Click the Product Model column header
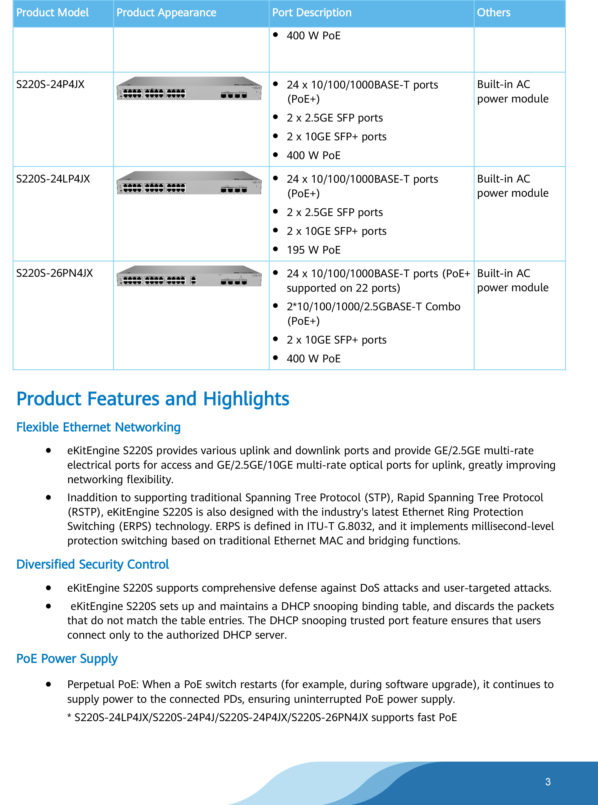(x=53, y=13)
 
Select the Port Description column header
(x=312, y=13)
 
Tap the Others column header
(x=493, y=13)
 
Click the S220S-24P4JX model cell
(x=50, y=84)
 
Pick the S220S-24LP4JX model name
(x=53, y=179)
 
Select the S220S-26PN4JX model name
(x=54, y=273)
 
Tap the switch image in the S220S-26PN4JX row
(x=189, y=276)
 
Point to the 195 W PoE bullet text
(x=314, y=250)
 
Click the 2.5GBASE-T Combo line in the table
(x=373, y=307)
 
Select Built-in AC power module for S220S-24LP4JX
(x=513, y=186)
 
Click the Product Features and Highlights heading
(x=153, y=399)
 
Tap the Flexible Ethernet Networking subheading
(x=98, y=427)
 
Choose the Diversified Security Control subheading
(x=93, y=565)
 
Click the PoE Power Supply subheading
(x=67, y=659)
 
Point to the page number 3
(x=548, y=782)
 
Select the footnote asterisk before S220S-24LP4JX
(x=69, y=717)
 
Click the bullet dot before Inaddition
(x=48, y=498)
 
